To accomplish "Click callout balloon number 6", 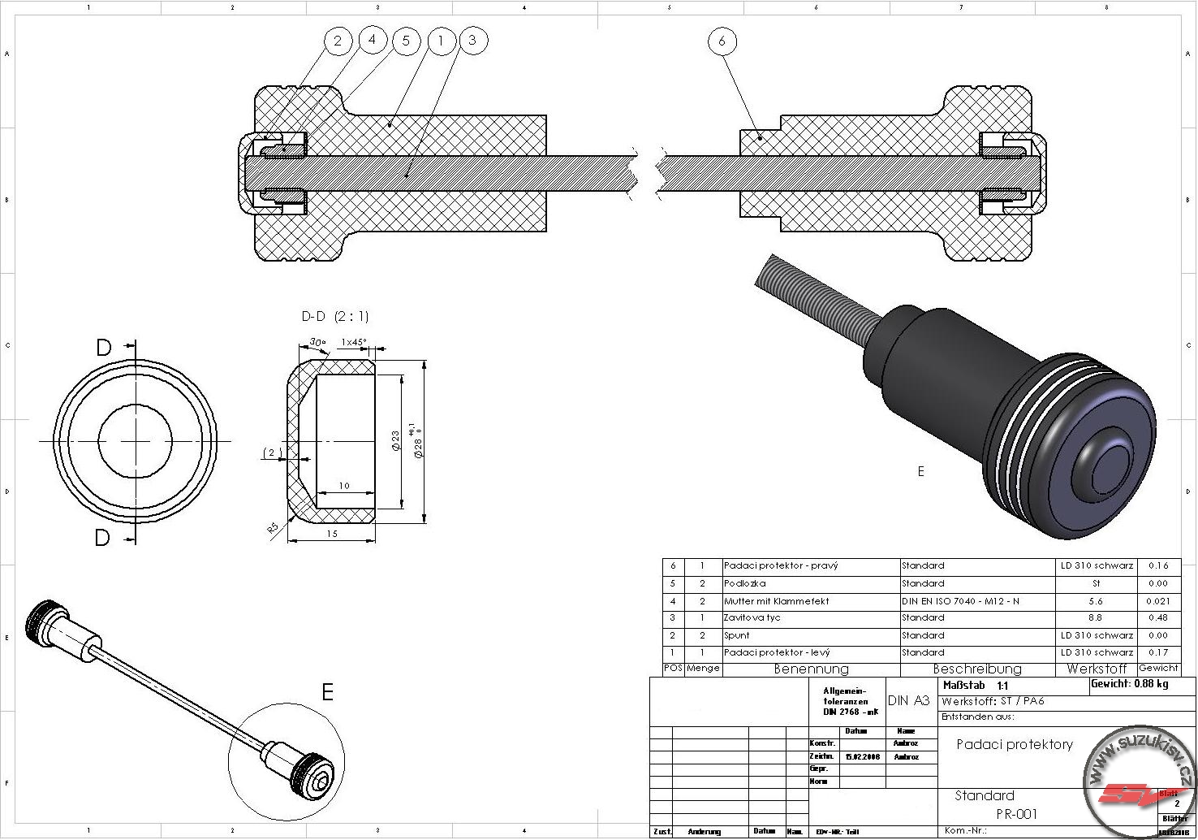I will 722,41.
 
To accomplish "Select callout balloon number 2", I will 338,41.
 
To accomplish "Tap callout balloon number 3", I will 472,40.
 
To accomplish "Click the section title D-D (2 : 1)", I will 334,316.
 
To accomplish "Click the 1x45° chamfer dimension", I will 354,342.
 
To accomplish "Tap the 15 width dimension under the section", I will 332,534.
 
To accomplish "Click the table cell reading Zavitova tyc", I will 752,618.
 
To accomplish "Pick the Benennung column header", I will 811,669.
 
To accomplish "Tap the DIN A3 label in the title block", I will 908,700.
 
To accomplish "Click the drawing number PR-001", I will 1016,814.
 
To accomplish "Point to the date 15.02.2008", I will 862,756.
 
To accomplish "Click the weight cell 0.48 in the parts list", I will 1158,618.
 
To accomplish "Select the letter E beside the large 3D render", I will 920,471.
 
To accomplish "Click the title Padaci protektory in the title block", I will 1015,744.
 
